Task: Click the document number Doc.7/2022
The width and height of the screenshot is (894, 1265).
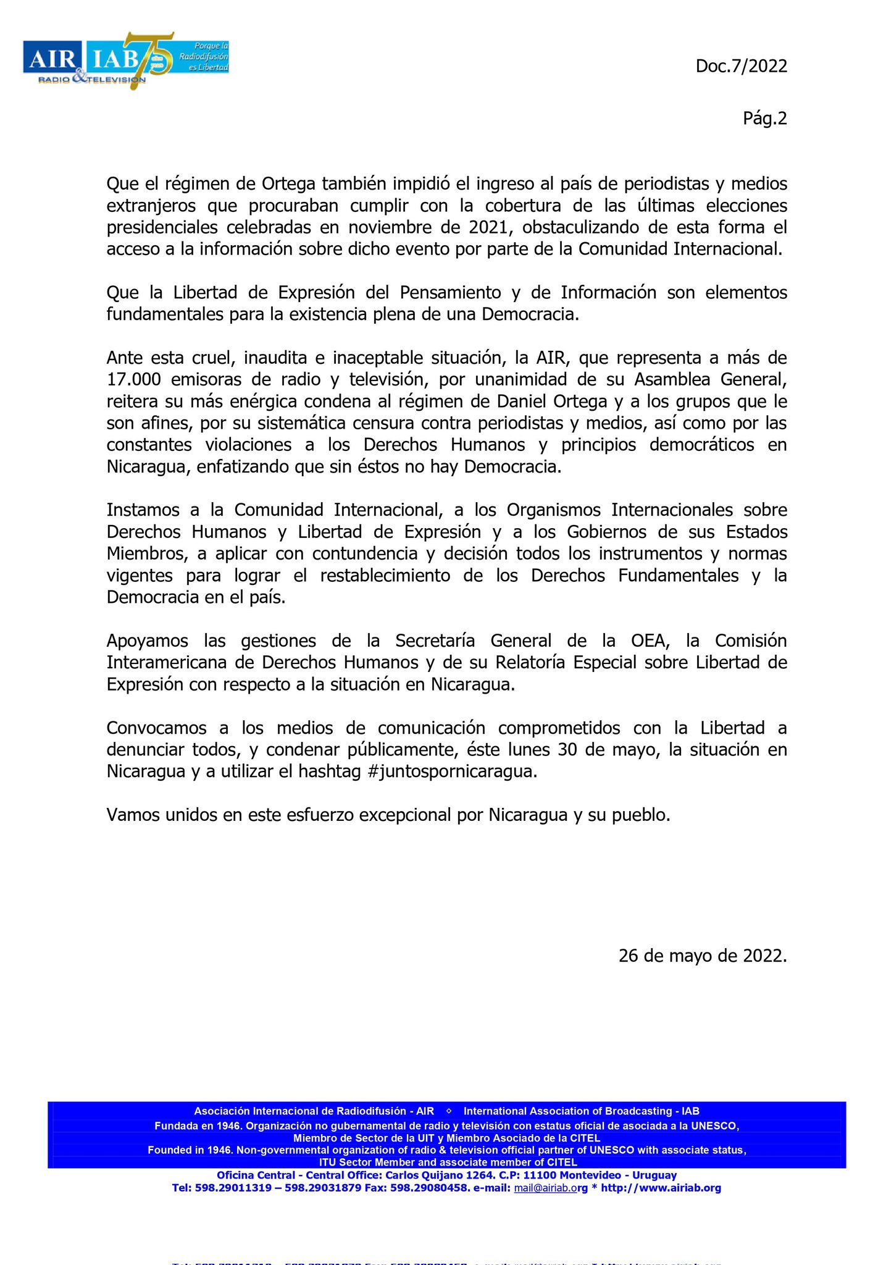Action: pyautogui.click(x=741, y=66)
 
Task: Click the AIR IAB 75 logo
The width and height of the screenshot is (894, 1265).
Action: pyautogui.click(x=126, y=61)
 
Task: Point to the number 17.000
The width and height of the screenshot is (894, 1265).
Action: pyautogui.click(x=133, y=379)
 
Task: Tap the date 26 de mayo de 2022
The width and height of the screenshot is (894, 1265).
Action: pyautogui.click(x=702, y=956)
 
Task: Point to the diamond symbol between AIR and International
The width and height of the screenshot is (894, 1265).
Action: pyautogui.click(x=449, y=1111)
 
